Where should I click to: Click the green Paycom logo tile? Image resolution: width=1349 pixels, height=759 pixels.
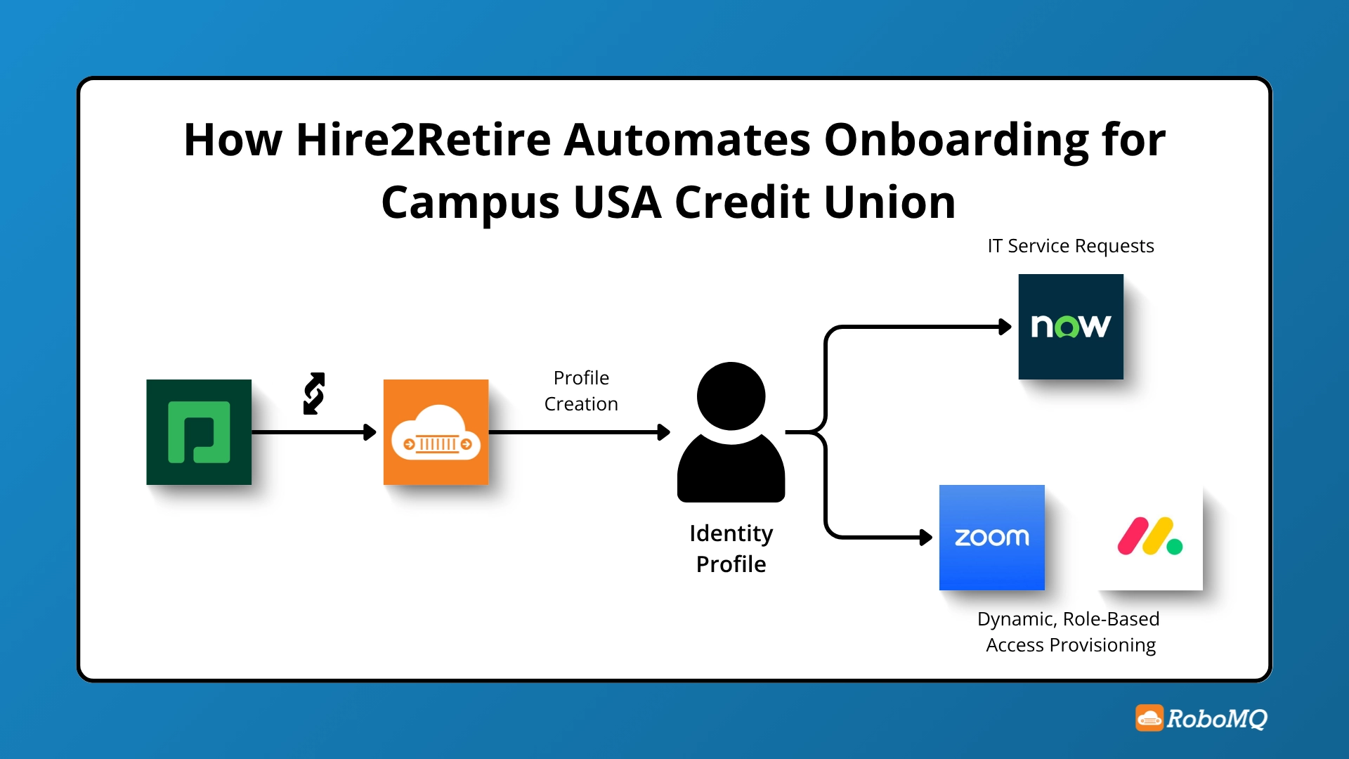(199, 432)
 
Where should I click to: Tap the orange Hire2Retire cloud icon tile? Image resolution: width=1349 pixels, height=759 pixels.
(436, 432)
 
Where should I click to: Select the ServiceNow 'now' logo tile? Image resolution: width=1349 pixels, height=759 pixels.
(1071, 327)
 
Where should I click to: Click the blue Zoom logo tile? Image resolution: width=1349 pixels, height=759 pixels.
(991, 538)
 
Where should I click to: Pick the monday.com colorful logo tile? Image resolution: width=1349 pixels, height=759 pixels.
(1150, 538)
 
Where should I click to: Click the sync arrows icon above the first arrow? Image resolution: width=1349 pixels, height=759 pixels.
(314, 394)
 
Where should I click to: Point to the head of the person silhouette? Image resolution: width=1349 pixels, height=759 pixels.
(731, 396)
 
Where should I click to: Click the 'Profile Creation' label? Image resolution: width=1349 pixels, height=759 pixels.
(581, 391)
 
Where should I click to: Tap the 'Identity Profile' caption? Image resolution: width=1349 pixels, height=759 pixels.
(731, 548)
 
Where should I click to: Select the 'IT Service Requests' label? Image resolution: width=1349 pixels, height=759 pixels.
(1070, 246)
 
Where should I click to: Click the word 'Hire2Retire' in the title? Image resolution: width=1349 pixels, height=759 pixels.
(423, 139)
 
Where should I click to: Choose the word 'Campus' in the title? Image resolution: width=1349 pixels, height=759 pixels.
(470, 202)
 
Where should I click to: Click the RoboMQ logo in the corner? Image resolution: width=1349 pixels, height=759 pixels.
(1201, 718)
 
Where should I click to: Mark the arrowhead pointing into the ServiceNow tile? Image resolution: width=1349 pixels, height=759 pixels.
(1005, 327)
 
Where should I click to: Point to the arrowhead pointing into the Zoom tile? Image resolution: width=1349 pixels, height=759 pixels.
(926, 538)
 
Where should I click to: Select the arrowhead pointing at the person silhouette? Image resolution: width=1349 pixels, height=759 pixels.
(663, 432)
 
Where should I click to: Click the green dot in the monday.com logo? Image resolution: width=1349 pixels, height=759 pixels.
(1175, 546)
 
